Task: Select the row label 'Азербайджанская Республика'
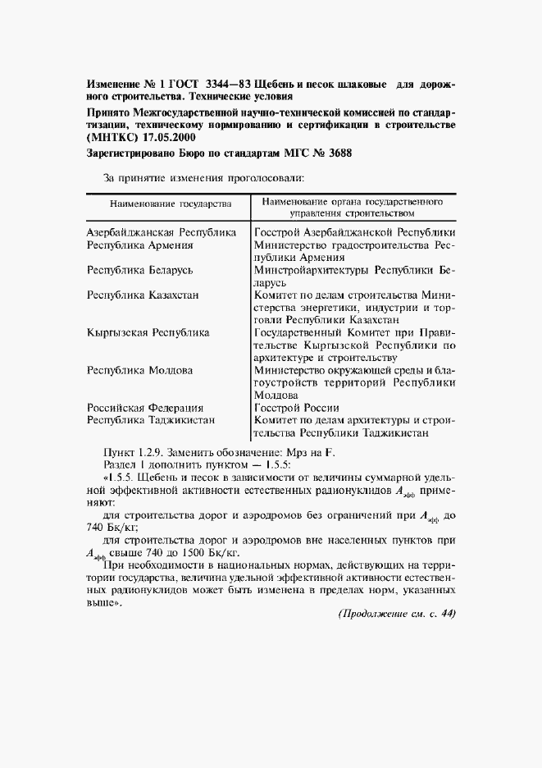(162, 232)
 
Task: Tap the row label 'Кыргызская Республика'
(148, 332)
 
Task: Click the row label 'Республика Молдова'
(139, 370)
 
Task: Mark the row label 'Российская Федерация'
(145, 407)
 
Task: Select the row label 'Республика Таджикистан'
(151, 419)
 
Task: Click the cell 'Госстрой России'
(297, 407)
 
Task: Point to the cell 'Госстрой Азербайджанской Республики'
(355, 232)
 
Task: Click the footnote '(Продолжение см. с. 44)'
(396, 614)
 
